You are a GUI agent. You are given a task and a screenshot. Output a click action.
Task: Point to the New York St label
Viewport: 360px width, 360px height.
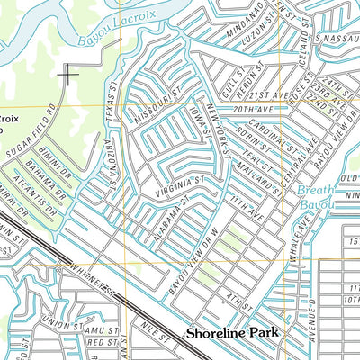click(219, 126)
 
